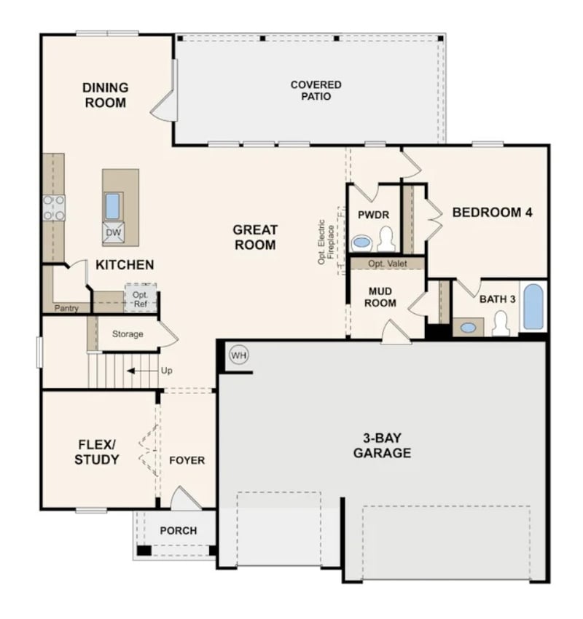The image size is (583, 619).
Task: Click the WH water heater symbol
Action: click(238, 355)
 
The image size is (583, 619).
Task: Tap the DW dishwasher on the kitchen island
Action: click(113, 233)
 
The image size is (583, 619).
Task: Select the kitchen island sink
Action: click(112, 206)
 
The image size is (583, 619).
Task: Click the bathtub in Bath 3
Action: click(533, 307)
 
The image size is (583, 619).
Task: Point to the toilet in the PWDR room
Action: click(386, 239)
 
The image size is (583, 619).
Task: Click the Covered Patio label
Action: click(316, 90)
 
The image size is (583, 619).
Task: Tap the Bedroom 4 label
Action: click(492, 213)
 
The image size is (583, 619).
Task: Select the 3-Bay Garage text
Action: click(382, 446)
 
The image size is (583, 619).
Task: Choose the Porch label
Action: click(179, 530)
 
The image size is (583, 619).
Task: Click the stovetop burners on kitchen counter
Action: click(54, 208)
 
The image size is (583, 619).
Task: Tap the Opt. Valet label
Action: click(387, 264)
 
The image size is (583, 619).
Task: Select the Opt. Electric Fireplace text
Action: click(325, 241)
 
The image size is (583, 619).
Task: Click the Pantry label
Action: click(66, 308)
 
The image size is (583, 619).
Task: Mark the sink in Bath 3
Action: click(468, 327)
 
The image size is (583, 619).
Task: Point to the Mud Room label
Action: click(381, 297)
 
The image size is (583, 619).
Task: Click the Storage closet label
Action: click(128, 334)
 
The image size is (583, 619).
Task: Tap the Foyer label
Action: click(187, 460)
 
